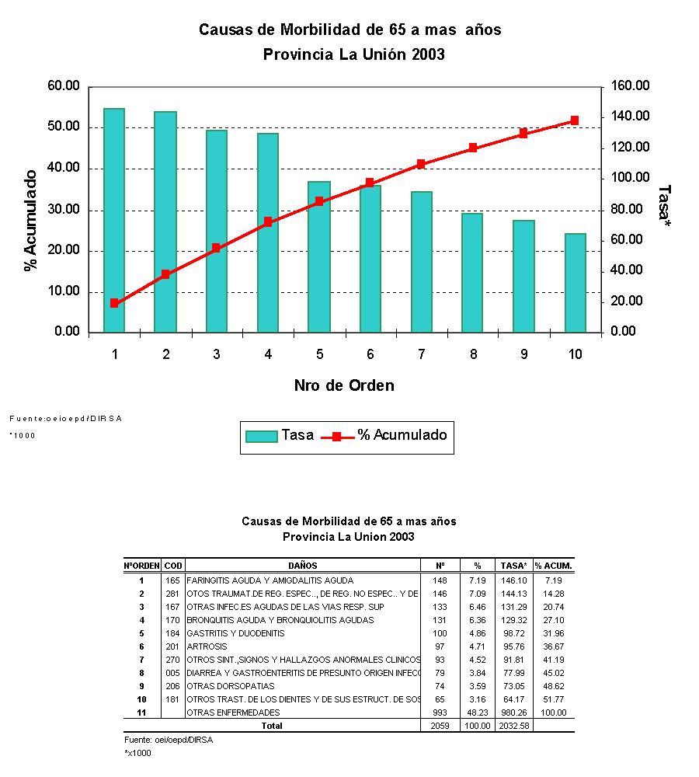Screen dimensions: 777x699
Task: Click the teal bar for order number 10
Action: point(576,283)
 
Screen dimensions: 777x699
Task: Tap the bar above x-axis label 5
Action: point(319,256)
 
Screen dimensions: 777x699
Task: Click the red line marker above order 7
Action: point(421,164)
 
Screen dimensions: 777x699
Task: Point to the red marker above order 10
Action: point(575,120)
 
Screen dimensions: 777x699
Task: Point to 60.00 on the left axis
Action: point(64,86)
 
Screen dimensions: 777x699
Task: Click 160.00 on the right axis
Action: point(630,86)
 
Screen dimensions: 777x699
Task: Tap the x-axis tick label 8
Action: point(473,354)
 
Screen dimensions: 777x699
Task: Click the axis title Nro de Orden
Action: point(344,385)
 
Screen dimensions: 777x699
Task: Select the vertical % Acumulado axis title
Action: point(31,220)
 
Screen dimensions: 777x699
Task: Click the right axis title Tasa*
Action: point(664,206)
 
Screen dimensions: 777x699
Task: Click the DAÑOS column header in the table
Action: point(303,566)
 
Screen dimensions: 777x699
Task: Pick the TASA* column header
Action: point(514,566)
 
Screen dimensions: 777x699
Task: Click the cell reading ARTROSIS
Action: point(206,646)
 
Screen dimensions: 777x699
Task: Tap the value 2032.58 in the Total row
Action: point(514,726)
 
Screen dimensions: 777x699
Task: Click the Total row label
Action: point(272,726)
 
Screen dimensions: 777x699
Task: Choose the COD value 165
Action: point(172,580)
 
